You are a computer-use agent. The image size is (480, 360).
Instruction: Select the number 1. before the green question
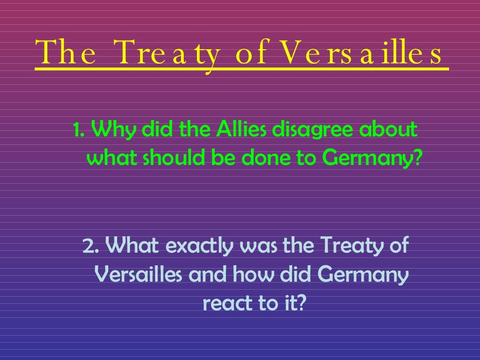(x=79, y=129)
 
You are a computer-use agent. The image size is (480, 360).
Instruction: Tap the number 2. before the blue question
(x=90, y=245)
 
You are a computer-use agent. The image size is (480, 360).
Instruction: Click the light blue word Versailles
(x=138, y=275)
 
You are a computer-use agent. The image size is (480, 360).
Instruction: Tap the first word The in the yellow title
(x=67, y=53)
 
